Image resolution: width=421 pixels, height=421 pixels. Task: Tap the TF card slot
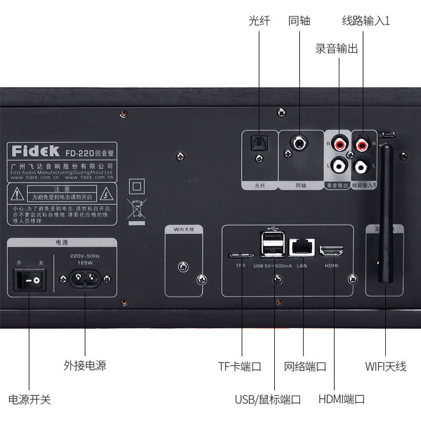point(241,255)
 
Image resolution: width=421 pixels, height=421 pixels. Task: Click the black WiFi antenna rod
point(387,210)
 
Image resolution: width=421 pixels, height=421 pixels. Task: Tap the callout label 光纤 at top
point(259,22)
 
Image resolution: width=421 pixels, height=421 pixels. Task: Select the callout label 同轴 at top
point(299,22)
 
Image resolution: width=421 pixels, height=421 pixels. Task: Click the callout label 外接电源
point(85,365)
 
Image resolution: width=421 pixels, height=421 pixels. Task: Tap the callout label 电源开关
point(29,399)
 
